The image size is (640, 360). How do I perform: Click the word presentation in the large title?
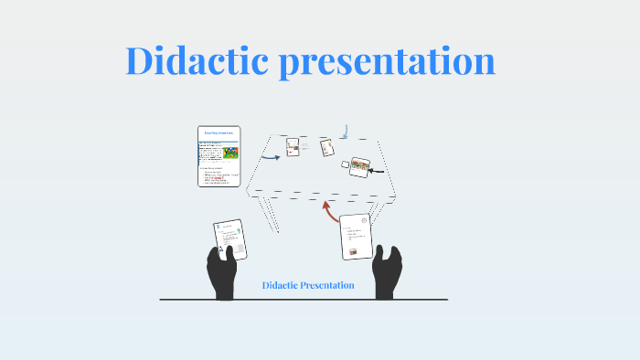click(x=389, y=62)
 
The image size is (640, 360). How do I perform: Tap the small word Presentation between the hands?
click(x=329, y=286)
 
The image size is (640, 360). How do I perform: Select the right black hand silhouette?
click(x=390, y=271)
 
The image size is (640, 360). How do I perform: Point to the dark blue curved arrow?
click(x=270, y=156)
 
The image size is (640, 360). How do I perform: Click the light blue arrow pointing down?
click(x=344, y=132)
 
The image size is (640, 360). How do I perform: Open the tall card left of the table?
click(x=219, y=156)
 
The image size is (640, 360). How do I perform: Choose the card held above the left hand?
click(x=229, y=239)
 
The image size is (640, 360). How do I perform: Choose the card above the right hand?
click(x=356, y=236)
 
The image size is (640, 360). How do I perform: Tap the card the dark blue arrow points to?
click(x=293, y=146)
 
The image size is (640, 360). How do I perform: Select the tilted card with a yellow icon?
click(x=326, y=147)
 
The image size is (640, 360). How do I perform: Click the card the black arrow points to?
click(x=358, y=167)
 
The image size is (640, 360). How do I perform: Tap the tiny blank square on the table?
click(x=346, y=164)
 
